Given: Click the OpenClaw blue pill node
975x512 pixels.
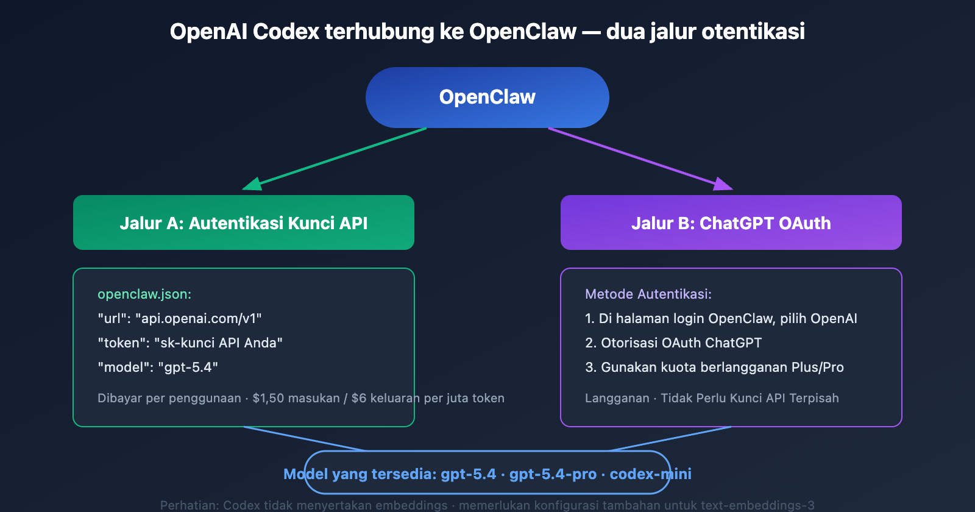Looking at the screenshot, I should coord(487,98).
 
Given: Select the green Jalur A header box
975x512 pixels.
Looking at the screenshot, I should coord(244,222).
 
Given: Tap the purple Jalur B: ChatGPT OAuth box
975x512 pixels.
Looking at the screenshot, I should coord(731,222).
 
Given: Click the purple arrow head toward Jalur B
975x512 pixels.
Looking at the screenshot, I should coord(723,184).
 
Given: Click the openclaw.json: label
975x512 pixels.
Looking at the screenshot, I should coord(144,294).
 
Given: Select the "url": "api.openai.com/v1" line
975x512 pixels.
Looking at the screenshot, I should coord(180,318).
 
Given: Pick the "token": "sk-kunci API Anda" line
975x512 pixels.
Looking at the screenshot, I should coord(190,343).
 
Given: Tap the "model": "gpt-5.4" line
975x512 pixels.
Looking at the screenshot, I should coord(158,367).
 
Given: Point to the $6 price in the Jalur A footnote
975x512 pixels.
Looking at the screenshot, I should coord(359,398).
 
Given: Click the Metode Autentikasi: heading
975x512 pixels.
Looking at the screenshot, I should coord(648,294).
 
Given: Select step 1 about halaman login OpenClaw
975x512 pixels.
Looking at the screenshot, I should coord(721,318).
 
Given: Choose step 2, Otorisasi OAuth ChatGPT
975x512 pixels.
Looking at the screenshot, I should coord(673,343).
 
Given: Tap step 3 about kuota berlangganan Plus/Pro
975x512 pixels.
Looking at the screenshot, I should coord(714,367).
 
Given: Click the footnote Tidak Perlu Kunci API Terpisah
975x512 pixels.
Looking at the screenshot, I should coord(750,398).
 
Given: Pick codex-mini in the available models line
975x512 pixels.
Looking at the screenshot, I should coord(650,474).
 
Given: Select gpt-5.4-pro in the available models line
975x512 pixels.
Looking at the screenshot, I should coord(553,474).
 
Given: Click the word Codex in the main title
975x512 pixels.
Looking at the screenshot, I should coord(286,31).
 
